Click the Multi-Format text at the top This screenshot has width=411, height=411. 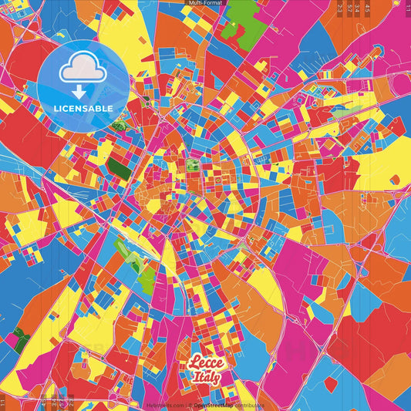pyautogui.click(x=205, y=3)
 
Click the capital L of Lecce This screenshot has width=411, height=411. pyautogui.click(x=193, y=365)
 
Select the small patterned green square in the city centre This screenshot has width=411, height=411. pyautogui.click(x=193, y=165)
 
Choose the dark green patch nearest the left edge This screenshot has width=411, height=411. pyautogui.click(x=20, y=340)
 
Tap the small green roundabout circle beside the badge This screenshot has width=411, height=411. pyautogui.click(x=117, y=126)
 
